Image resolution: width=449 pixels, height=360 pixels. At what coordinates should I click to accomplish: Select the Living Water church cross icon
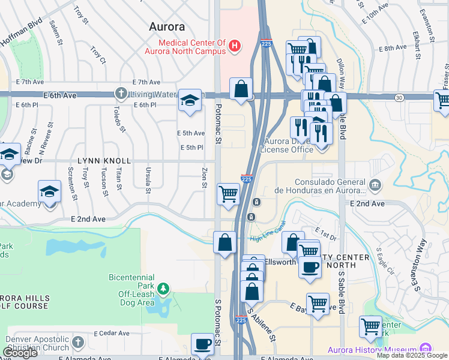tap(121, 93)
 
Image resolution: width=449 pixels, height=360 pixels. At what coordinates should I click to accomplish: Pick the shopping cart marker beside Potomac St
tap(228, 194)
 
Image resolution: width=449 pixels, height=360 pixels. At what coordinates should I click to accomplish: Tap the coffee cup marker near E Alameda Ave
tap(202, 344)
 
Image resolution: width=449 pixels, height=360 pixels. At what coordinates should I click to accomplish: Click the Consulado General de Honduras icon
tap(375, 184)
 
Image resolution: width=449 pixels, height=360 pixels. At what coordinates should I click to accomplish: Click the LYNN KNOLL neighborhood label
tap(104, 161)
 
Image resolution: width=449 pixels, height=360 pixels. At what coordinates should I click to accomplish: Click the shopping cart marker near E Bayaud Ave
tap(318, 304)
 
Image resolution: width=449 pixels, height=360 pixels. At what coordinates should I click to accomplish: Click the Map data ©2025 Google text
tap(411, 355)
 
